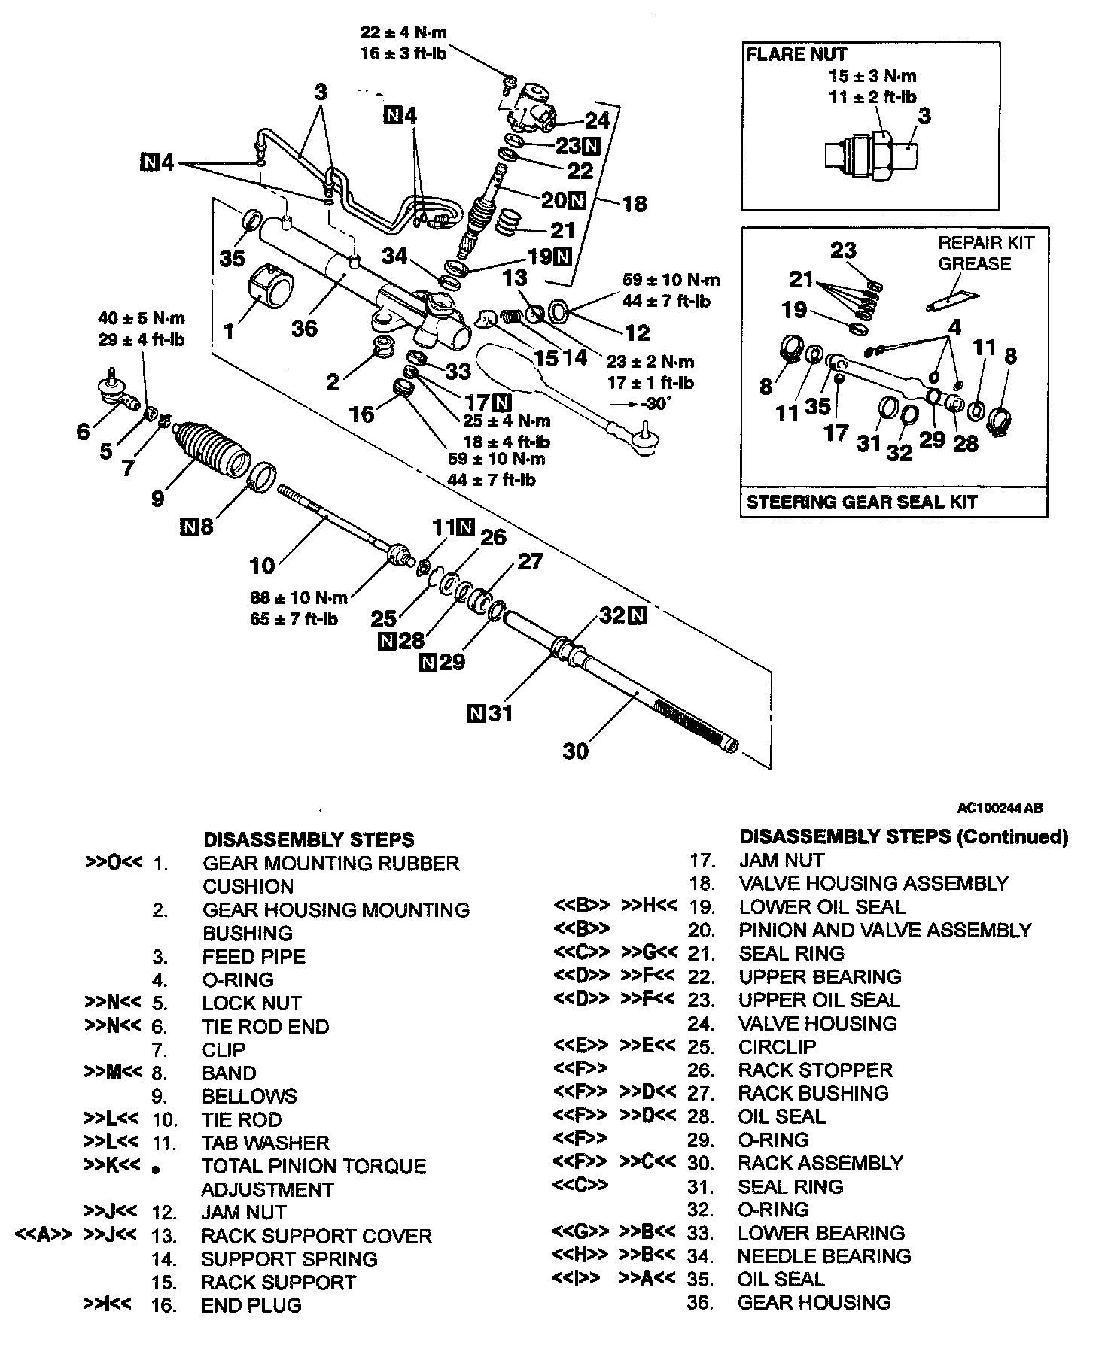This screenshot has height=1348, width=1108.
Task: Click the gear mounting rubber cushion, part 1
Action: pos(270,284)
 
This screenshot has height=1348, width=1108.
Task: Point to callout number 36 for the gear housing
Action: pos(304,328)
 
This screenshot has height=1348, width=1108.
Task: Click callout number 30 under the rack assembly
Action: pos(576,750)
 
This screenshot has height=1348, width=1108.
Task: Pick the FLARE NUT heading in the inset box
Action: pos(796,54)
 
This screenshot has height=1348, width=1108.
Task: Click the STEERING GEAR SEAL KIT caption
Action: pos(861,502)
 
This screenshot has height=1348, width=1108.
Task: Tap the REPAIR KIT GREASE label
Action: pos(985,253)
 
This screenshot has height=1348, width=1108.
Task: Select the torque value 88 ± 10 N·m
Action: pos(299,598)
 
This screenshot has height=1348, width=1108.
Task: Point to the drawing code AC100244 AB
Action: pos(1000,809)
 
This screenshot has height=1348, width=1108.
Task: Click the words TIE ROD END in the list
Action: pos(265,1026)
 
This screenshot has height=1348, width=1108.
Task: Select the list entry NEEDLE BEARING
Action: pos(823,1255)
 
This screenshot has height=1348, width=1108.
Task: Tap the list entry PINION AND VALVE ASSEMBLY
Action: pos(884,930)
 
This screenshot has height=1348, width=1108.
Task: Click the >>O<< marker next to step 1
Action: pos(113,862)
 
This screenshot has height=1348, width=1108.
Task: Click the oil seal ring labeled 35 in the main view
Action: pos(253,220)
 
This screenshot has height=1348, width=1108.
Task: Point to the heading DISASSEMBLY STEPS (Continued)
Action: pos(903,836)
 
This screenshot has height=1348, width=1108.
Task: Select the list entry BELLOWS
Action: pos(249,1096)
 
